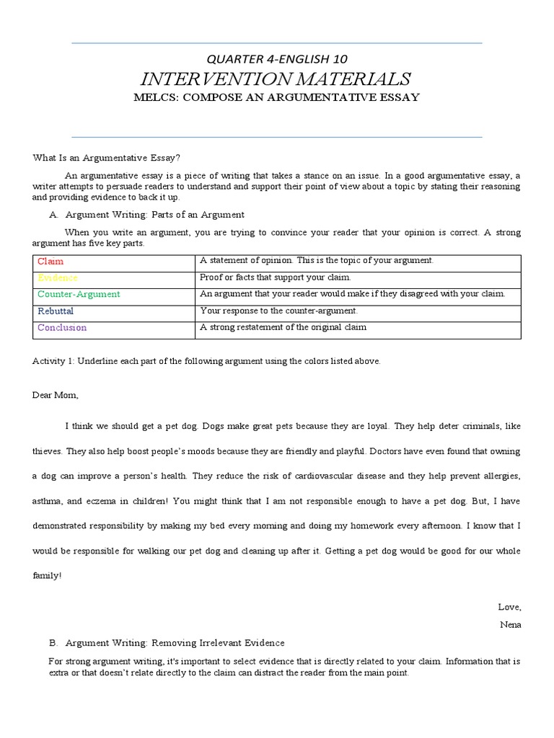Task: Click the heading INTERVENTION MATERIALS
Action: tap(277, 78)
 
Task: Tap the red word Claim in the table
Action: tap(50, 262)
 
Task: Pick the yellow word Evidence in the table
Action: tap(58, 278)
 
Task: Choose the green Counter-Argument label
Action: tap(79, 295)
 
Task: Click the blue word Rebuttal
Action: tap(56, 311)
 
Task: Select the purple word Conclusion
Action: tap(62, 328)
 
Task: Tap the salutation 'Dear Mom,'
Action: tap(56, 395)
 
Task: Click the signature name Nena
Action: tap(510, 625)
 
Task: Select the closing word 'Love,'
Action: tap(509, 608)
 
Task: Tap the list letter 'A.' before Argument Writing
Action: tap(53, 215)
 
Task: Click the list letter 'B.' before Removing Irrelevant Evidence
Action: tap(53, 643)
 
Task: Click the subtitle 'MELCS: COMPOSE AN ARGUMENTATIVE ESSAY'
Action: tap(277, 97)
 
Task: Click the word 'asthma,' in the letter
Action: tap(48, 501)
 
